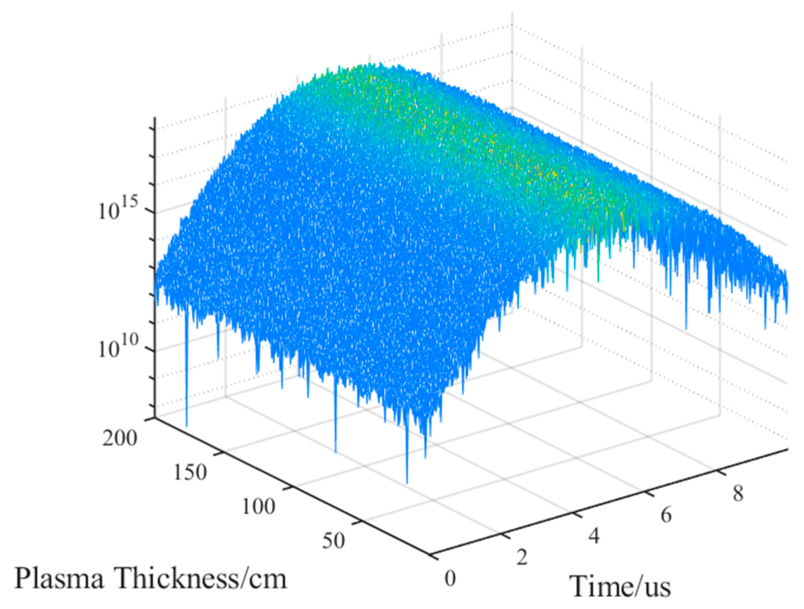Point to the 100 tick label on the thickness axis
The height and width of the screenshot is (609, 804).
pyautogui.click(x=259, y=506)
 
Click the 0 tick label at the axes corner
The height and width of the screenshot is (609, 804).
pyautogui.click(x=450, y=578)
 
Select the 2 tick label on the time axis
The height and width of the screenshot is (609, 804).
pyautogui.click(x=522, y=557)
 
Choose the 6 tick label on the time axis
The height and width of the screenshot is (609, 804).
pyautogui.click(x=666, y=515)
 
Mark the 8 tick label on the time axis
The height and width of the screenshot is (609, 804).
pyautogui.click(x=738, y=493)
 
